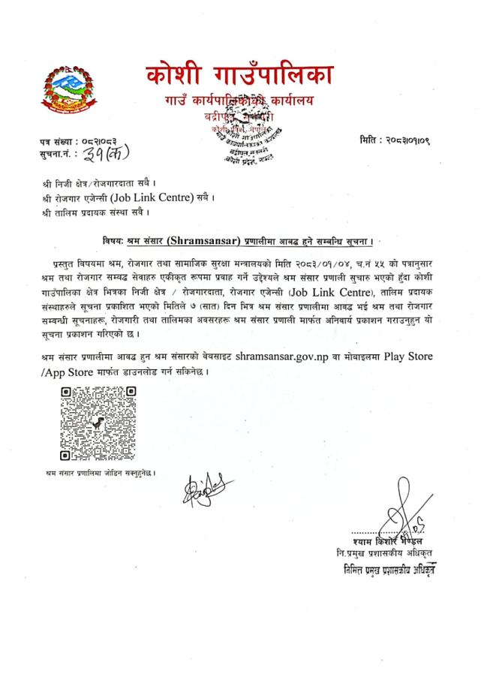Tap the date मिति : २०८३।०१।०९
pos(404,142)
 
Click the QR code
pos(98,423)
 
